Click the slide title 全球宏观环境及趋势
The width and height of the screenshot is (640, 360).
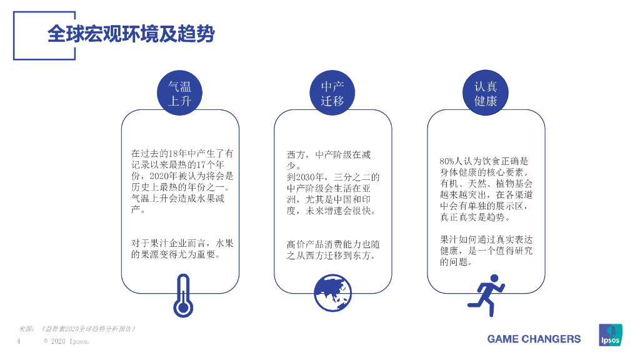[x=131, y=34]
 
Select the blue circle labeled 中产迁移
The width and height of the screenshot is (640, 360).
[x=332, y=92]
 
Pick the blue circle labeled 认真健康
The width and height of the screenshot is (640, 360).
[x=486, y=92]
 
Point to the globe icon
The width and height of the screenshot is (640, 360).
[x=332, y=293]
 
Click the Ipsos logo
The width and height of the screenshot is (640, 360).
[x=610, y=335]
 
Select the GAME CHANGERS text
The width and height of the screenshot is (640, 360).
[x=534, y=339]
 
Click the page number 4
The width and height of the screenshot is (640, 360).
[x=19, y=342]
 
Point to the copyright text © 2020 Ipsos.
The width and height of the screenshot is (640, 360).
[x=66, y=342]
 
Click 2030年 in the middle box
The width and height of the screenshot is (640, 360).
[x=302, y=177]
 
